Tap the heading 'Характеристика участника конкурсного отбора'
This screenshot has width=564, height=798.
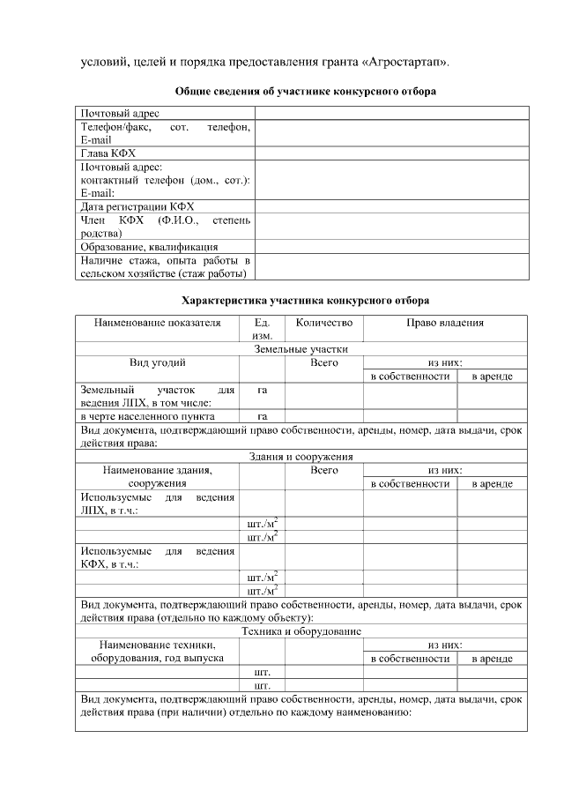pyautogui.click(x=305, y=300)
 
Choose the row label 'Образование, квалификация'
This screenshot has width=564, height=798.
pyautogui.click(x=149, y=247)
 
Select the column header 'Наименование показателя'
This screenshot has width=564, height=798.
pyautogui.click(x=157, y=323)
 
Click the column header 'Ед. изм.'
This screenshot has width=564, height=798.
pyautogui.click(x=262, y=329)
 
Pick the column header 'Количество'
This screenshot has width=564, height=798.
pyautogui.click(x=323, y=323)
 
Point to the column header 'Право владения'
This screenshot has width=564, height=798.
pyautogui.click(x=445, y=323)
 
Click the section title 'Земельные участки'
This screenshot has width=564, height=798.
pyautogui.click(x=301, y=348)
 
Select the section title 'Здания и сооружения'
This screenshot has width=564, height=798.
pyautogui.click(x=301, y=457)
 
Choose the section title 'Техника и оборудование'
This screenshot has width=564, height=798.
pyautogui.click(x=301, y=631)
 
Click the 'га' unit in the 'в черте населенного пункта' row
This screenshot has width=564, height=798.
pyautogui.click(x=262, y=416)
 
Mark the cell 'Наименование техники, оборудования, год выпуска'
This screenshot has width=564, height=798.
pyautogui.click(x=157, y=652)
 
